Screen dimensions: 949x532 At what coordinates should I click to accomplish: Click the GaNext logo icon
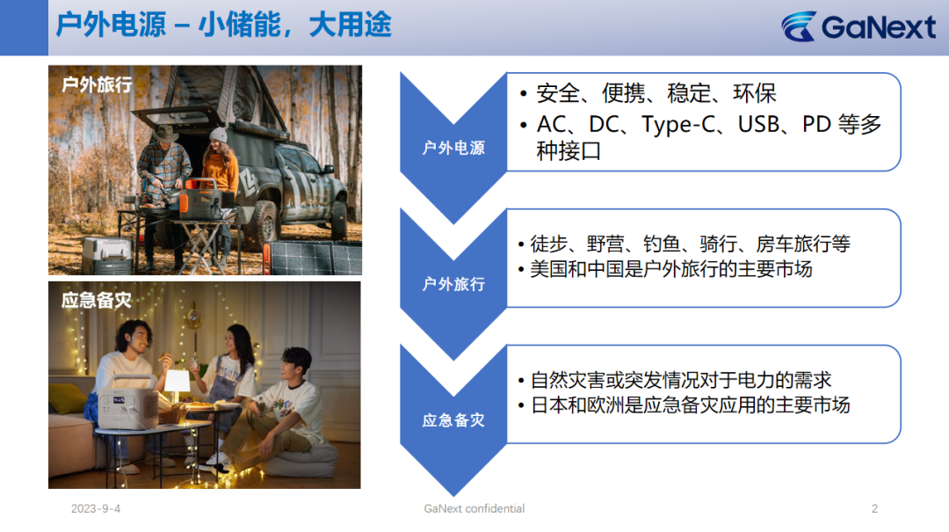(x=799, y=26)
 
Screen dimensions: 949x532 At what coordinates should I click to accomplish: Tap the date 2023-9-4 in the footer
(x=96, y=509)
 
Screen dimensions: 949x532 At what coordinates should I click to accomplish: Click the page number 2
(x=874, y=509)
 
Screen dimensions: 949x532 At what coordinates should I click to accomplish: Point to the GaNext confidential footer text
(x=474, y=509)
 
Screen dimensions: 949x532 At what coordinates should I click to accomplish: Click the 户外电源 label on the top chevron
(x=453, y=148)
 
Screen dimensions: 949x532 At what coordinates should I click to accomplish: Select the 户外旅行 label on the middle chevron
(x=453, y=284)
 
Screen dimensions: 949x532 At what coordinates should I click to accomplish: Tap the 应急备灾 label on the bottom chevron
(x=453, y=420)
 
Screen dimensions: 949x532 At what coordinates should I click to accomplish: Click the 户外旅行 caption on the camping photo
(x=97, y=84)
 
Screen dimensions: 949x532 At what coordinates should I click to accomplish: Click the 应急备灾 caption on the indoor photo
(x=97, y=300)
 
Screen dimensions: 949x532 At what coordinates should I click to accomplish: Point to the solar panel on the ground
(x=314, y=258)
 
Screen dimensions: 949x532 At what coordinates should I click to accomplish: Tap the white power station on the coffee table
(x=127, y=403)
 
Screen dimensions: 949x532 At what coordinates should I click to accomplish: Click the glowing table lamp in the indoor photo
(x=177, y=382)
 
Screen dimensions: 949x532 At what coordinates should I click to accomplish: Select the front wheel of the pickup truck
(x=266, y=225)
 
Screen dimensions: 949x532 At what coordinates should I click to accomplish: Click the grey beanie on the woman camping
(x=219, y=135)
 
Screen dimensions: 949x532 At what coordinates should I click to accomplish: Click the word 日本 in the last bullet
(x=549, y=404)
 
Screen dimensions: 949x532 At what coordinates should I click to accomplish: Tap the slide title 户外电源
(x=111, y=26)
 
